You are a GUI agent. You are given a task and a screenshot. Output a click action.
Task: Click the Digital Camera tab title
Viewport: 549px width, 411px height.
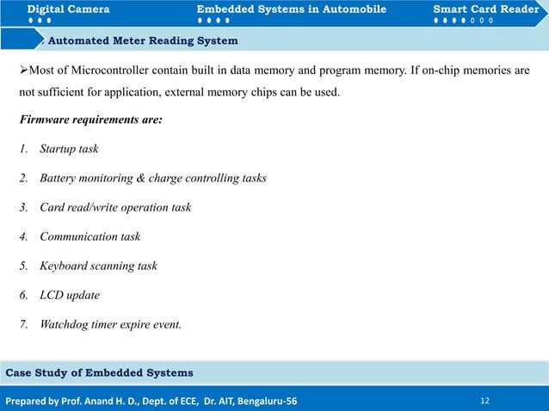click(68, 9)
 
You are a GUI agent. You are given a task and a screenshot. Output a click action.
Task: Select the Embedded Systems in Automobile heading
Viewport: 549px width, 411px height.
click(291, 9)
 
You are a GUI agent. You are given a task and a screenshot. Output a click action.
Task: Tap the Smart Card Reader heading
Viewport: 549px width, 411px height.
click(485, 9)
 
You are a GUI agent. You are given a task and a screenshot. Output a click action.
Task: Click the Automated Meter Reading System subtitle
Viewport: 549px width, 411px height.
click(143, 40)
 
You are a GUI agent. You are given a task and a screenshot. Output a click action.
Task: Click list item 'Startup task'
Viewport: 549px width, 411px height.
click(69, 149)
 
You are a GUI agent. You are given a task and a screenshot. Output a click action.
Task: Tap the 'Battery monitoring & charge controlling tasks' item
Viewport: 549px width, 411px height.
click(152, 178)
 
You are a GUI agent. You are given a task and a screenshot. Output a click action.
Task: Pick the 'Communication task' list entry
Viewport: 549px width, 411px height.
click(89, 236)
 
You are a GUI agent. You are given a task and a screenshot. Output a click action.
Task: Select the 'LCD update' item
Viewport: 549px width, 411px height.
click(70, 295)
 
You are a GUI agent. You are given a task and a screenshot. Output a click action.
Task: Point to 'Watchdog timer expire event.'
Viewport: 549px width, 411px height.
click(110, 324)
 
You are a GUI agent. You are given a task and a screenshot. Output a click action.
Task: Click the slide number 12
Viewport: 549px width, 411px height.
click(486, 400)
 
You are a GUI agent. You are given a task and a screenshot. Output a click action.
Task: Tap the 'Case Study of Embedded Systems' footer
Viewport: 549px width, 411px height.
click(100, 372)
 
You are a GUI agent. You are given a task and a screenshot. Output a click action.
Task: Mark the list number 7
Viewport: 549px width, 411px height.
click(23, 324)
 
